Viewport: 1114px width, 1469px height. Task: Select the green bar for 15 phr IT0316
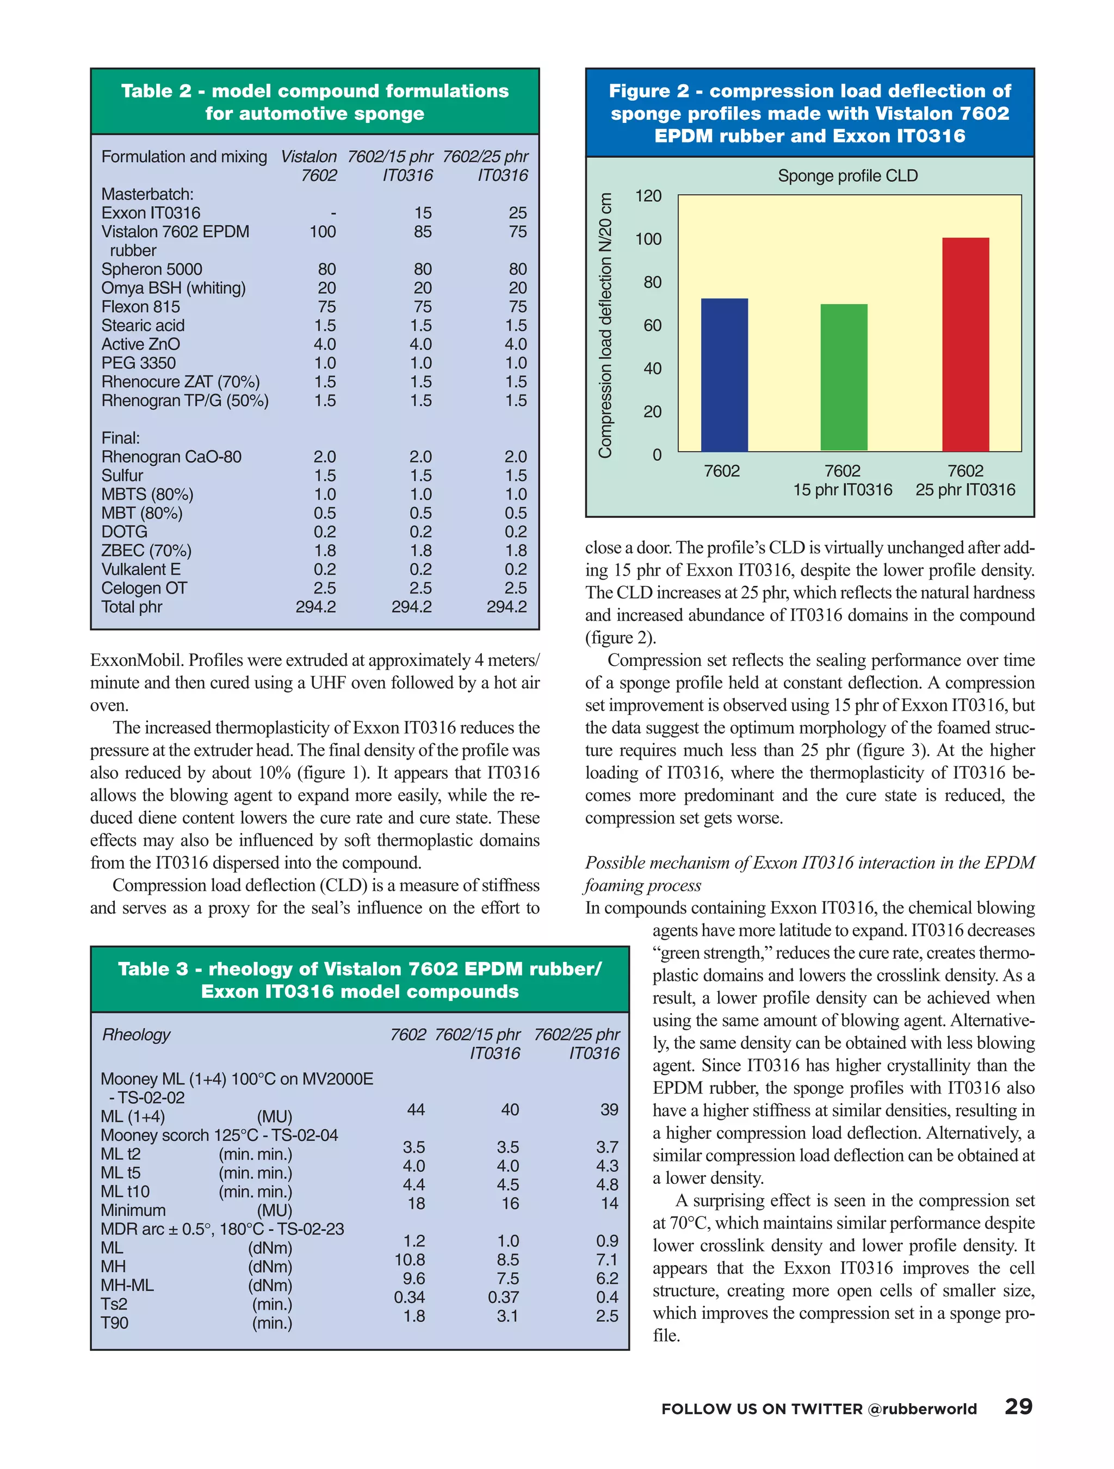click(x=843, y=378)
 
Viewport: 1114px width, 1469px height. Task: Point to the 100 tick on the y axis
click(x=648, y=239)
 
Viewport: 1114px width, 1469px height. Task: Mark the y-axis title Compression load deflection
click(x=605, y=325)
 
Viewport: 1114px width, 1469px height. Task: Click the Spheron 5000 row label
click(x=151, y=269)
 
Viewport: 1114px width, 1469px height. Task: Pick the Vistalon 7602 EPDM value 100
click(x=322, y=232)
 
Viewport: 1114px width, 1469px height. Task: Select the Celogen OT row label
click(x=144, y=588)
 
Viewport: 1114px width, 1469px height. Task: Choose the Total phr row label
click(x=132, y=606)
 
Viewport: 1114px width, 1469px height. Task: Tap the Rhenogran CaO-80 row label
click(x=171, y=457)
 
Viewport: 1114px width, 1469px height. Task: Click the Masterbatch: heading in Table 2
click(x=147, y=194)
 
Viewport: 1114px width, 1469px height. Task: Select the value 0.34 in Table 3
click(x=409, y=1297)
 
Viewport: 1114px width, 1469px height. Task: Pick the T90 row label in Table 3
click(x=114, y=1322)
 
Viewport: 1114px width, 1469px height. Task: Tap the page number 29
click(x=1018, y=1407)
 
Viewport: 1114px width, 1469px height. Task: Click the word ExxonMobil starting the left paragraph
click(x=136, y=660)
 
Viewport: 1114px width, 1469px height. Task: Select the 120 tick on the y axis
click(x=648, y=196)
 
